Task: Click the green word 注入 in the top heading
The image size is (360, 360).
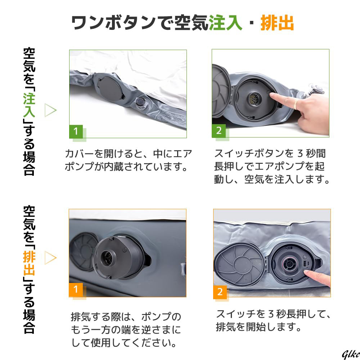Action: point(225,23)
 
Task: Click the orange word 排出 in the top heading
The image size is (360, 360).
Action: point(277,23)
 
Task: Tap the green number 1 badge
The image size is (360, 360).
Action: point(76,131)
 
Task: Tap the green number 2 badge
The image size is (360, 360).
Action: point(219,131)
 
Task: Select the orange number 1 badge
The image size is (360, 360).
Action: point(76,290)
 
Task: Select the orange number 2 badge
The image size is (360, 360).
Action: point(220,292)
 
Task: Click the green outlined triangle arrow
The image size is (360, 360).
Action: point(50,110)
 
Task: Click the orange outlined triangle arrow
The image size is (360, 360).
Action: point(50,258)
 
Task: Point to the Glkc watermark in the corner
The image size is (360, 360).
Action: point(351,354)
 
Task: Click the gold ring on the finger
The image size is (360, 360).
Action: point(296,104)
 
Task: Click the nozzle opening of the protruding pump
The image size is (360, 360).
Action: point(107,258)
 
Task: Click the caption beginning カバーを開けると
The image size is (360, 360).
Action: point(129,160)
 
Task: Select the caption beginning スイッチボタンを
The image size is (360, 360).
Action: point(272,166)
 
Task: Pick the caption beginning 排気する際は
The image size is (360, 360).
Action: point(126,330)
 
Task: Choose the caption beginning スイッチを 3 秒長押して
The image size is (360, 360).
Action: point(273,320)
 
